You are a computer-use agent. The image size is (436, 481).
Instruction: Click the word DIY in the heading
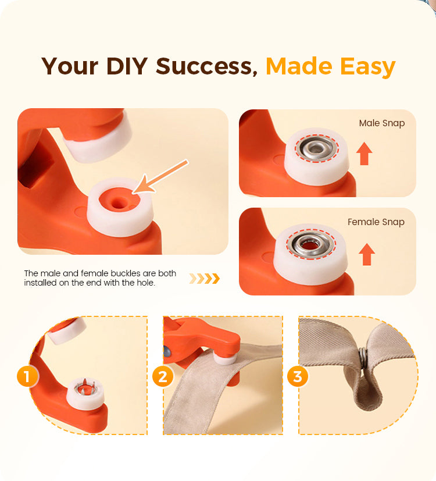point(127,66)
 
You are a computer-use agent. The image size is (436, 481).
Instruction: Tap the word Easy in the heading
point(367,67)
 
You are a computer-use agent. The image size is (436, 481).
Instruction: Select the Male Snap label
point(382,123)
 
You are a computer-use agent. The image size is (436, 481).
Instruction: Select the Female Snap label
point(376,222)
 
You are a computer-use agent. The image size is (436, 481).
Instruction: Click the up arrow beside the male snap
point(364,154)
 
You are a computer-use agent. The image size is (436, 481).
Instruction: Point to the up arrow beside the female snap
point(367,254)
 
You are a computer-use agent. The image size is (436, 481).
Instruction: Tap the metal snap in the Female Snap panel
point(310,244)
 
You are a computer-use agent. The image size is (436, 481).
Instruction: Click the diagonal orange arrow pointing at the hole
point(160,176)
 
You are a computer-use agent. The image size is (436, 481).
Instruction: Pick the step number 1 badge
point(27,376)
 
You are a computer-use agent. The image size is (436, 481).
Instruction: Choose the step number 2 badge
point(163,376)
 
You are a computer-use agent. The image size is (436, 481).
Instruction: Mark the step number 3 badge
point(298,376)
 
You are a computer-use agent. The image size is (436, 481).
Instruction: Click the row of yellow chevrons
point(204,279)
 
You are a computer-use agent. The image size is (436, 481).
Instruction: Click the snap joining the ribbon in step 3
point(363,358)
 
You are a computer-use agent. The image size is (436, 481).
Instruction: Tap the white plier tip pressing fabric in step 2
point(226,359)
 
